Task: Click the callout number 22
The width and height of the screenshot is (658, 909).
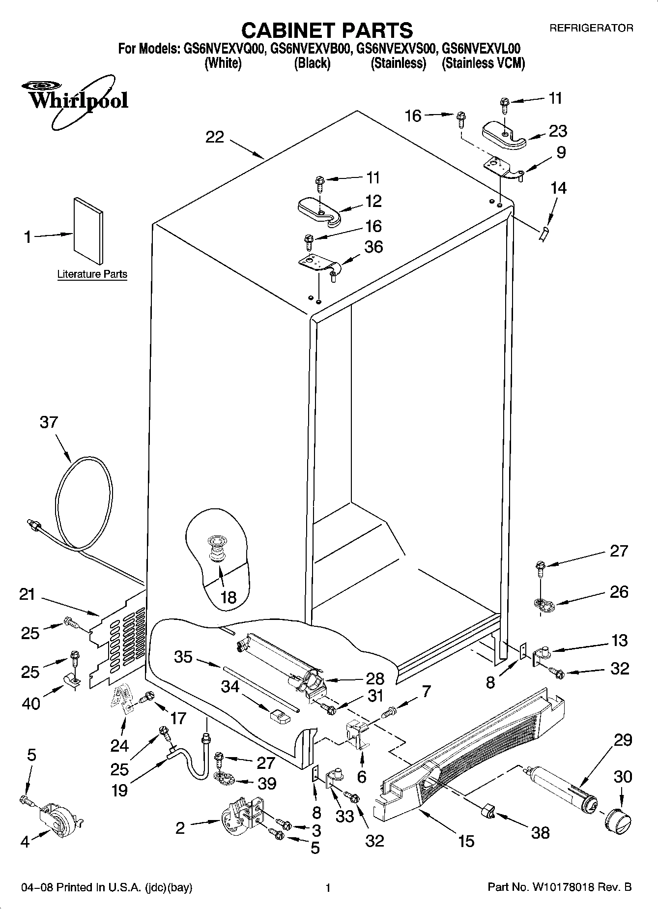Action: pyautogui.click(x=215, y=137)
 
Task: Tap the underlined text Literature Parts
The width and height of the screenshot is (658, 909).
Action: pyautogui.click(x=92, y=274)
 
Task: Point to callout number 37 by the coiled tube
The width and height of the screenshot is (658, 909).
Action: pyautogui.click(x=49, y=422)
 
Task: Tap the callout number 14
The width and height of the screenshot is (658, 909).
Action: pyautogui.click(x=558, y=188)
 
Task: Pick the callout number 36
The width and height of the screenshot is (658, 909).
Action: pyautogui.click(x=373, y=246)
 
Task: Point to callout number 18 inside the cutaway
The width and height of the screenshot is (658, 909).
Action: pyautogui.click(x=228, y=597)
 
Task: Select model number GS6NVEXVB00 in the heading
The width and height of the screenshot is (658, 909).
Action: pyautogui.click(x=310, y=49)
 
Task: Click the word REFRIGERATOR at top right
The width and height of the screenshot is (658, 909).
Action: pyautogui.click(x=591, y=29)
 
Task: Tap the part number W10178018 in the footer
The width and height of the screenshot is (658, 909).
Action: pyautogui.click(x=562, y=887)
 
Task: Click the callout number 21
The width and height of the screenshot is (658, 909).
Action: pyautogui.click(x=28, y=594)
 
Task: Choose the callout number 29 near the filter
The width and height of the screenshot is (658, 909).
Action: pyautogui.click(x=623, y=740)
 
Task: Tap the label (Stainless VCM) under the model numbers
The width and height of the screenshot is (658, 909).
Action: pyautogui.click(x=484, y=63)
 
